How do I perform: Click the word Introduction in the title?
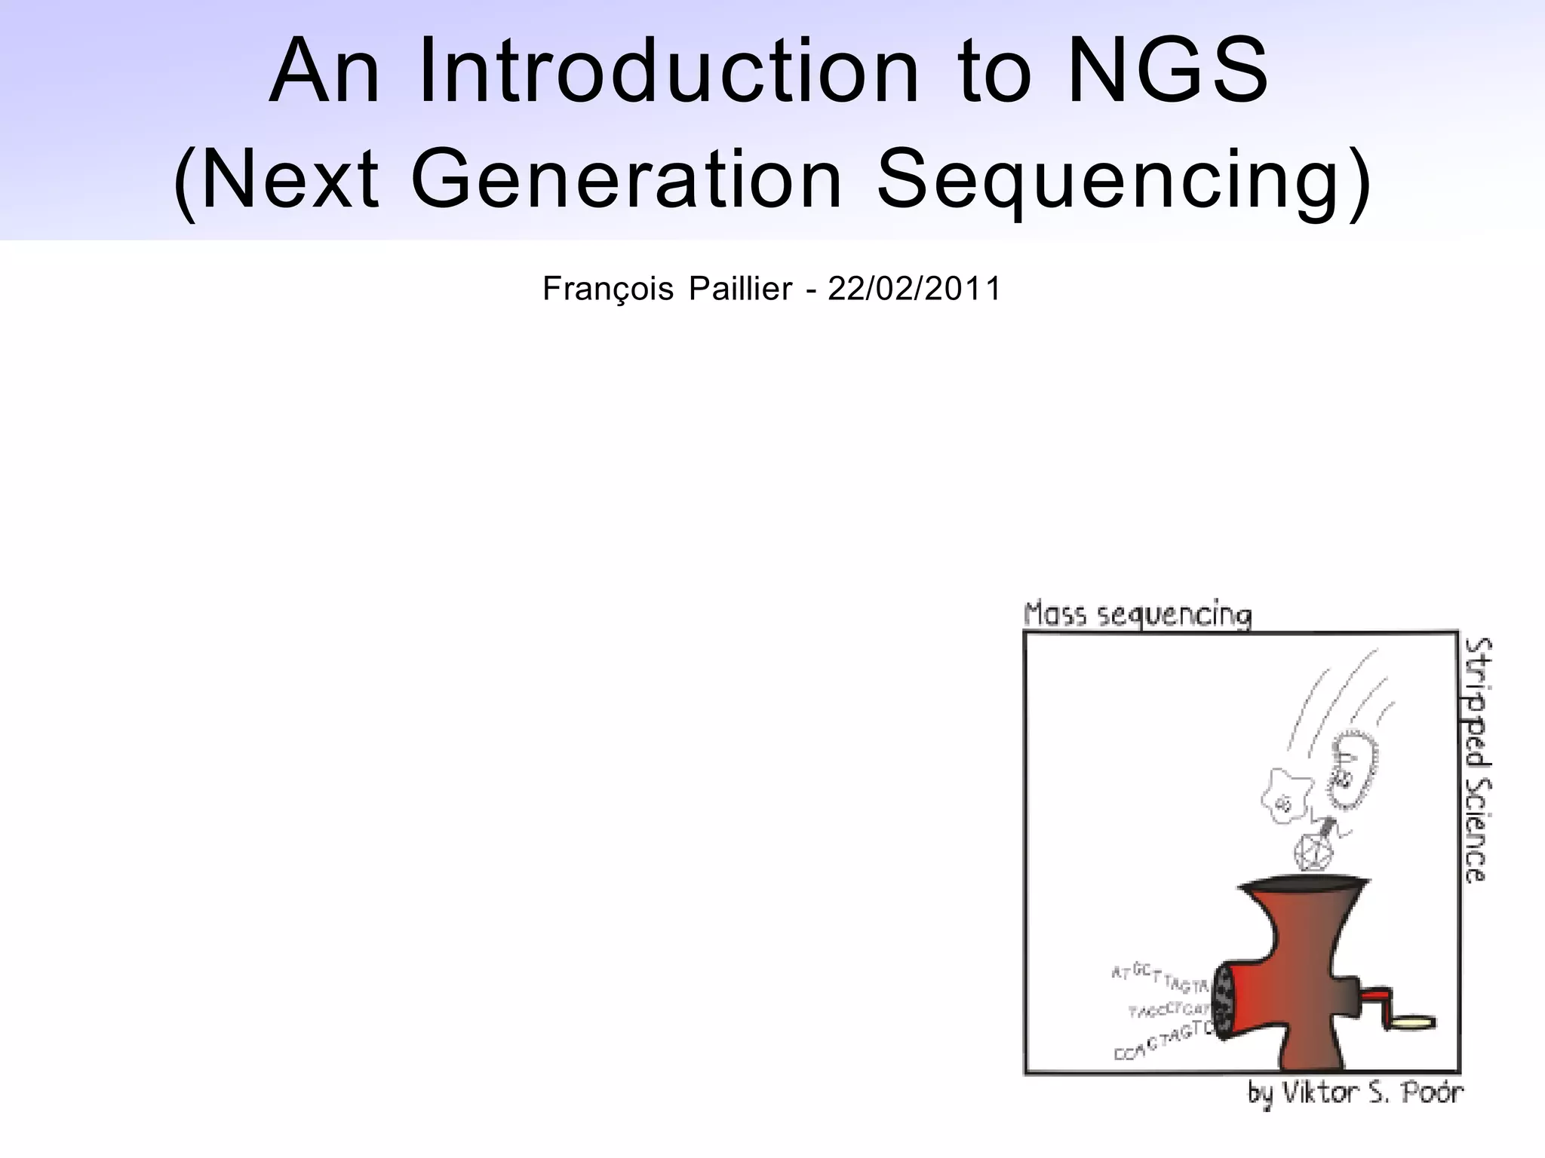click(668, 72)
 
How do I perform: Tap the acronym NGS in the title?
click(1168, 72)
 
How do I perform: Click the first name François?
click(607, 289)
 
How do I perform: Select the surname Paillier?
click(739, 289)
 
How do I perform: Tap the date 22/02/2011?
click(914, 289)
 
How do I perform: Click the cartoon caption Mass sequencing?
click(1137, 615)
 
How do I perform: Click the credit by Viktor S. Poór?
click(1354, 1093)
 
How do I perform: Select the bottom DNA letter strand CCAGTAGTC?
click(1163, 1041)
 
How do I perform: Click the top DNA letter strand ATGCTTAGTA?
click(1160, 978)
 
